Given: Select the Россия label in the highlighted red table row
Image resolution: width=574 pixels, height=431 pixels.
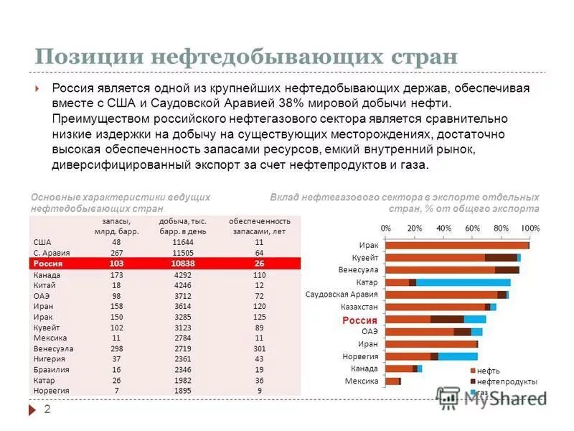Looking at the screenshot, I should pos(49,264).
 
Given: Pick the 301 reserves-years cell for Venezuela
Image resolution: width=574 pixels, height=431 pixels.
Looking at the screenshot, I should pos(259,348).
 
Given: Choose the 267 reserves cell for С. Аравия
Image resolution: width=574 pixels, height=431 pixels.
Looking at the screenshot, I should pos(116,253).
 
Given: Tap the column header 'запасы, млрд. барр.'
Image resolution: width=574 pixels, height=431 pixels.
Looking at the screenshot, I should pos(116,226).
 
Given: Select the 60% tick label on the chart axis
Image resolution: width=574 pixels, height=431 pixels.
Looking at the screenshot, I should pos(472,227).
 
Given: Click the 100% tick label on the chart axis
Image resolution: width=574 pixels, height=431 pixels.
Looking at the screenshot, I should pos(530,227).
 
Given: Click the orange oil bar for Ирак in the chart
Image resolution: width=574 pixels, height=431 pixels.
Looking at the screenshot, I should pos(456,245).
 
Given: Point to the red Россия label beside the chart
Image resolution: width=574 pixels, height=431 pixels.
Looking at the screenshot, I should pos(359,320).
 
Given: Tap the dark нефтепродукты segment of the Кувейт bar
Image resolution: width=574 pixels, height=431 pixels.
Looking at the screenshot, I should pos(501,257).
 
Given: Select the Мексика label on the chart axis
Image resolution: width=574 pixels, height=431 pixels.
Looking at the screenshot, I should pos(362,381).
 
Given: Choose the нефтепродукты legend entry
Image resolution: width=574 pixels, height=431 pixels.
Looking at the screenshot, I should pos(502,381).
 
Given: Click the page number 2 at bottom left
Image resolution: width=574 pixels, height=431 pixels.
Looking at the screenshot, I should pos(47,409).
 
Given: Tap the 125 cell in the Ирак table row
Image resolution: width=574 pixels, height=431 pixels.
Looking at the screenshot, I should pos(259,316).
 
